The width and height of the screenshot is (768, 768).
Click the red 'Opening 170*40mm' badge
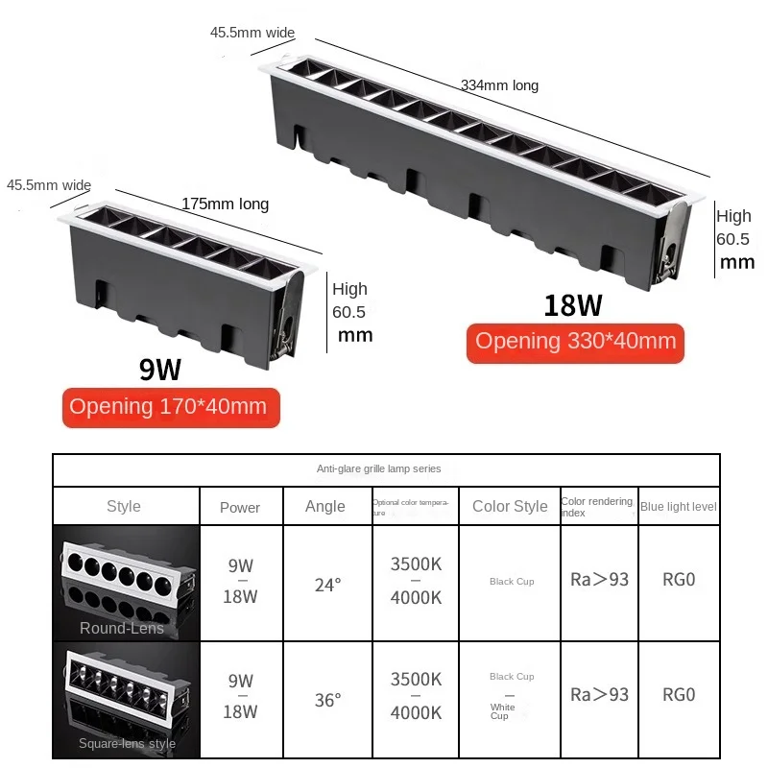point(168,406)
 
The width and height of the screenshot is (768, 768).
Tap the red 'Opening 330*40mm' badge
point(575,341)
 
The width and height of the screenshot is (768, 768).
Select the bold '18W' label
point(573,305)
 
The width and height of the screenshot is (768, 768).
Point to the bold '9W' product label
point(159,370)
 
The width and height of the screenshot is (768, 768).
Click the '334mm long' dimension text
point(499,85)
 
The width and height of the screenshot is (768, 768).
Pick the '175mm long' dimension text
point(225,204)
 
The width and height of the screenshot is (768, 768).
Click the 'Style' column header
point(124,506)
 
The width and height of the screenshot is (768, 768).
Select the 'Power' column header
point(240,507)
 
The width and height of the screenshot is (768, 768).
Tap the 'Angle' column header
point(324,506)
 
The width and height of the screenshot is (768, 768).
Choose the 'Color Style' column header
point(510,506)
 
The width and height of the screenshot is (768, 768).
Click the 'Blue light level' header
point(679,506)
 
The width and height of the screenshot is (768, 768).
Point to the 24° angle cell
point(327,584)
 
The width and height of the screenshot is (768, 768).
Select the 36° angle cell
point(327,700)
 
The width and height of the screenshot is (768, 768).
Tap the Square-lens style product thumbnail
point(126,700)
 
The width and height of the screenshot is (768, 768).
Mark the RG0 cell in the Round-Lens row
point(679,581)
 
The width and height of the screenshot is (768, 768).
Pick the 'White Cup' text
point(502,711)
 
